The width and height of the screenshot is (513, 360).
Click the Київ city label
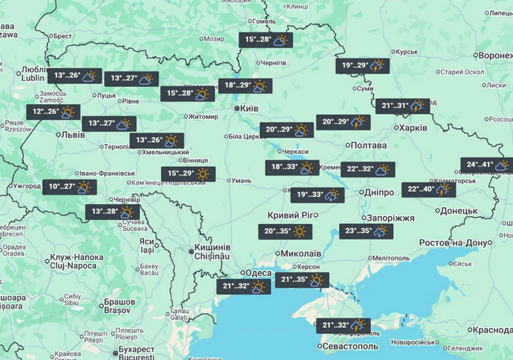(x=249, y=109)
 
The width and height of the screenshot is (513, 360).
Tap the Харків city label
(x=410, y=128)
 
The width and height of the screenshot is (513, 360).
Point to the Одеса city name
(x=258, y=273)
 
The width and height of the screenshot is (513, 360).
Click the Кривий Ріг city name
(x=293, y=215)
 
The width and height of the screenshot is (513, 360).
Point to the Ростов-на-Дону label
(x=454, y=242)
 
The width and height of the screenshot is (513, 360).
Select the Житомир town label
(x=183, y=117)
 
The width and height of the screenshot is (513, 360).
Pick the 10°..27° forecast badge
(x=69, y=187)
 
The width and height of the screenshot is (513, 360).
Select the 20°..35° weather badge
(x=284, y=232)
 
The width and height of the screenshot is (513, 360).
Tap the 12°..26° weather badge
(x=53, y=112)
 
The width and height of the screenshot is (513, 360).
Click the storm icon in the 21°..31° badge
(x=417, y=106)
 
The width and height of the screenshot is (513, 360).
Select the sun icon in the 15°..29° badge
(x=202, y=174)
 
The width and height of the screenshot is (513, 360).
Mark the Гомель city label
(x=264, y=22)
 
